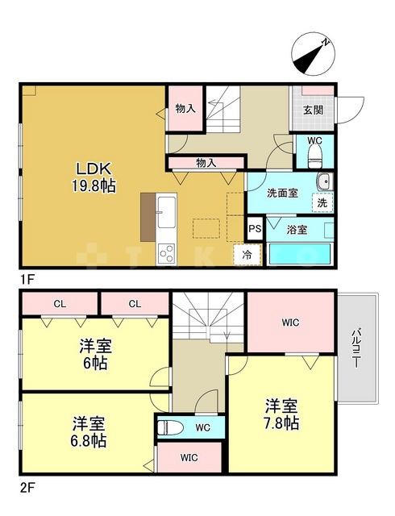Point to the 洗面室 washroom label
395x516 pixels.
283,193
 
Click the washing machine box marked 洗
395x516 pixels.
322,204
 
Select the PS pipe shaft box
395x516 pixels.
255,229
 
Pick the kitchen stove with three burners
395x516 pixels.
168,254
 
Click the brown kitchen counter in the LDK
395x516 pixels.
148,216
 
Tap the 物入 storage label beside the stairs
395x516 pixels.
185,108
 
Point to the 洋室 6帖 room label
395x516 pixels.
95,355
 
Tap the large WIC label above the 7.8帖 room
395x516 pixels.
290,323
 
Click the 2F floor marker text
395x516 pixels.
27,487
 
